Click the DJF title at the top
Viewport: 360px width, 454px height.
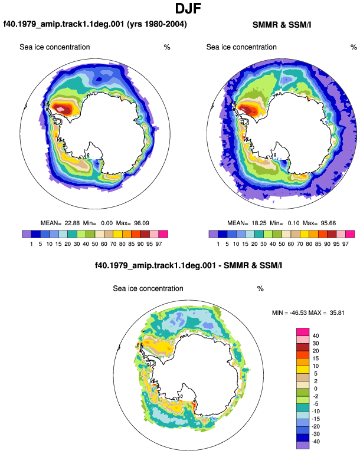[188, 8]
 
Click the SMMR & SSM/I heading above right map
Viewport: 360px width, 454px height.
[282, 25]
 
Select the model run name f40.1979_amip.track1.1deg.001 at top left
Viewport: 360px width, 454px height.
[64, 24]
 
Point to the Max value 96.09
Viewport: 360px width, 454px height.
[142, 223]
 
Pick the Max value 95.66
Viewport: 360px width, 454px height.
[328, 223]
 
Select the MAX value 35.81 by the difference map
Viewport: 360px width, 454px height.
[337, 312]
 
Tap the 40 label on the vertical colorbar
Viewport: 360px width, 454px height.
[316, 335]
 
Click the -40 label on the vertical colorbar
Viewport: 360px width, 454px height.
[315, 442]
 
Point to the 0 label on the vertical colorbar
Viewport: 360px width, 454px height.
[316, 389]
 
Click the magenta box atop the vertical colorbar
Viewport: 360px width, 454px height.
[303, 332]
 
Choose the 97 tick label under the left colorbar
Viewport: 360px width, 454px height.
[159, 244]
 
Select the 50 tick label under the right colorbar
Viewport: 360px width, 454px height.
[282, 244]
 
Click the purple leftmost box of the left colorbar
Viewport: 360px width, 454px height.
[27, 234]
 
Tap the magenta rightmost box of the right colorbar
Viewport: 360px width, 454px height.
[350, 234]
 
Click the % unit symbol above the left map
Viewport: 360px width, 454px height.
[167, 47]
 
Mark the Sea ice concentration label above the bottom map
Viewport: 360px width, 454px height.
[148, 288]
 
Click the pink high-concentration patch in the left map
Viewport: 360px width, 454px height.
[60, 109]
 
